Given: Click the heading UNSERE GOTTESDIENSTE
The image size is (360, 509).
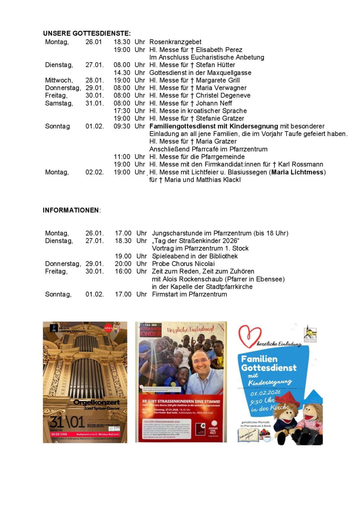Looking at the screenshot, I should point(86,33).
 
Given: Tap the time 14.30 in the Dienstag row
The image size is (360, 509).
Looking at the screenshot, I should point(122,73).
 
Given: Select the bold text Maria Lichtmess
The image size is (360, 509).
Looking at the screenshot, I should point(297,172).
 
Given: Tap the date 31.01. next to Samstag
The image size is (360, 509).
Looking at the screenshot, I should point(94,103).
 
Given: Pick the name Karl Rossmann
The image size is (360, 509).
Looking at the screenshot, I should point(301,164).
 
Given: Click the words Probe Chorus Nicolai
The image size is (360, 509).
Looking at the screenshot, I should point(183,264).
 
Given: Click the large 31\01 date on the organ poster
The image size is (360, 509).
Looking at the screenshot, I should point(67,421).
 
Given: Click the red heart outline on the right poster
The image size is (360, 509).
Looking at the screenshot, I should point(250,335).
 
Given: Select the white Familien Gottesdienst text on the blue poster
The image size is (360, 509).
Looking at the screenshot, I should point(269,363).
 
